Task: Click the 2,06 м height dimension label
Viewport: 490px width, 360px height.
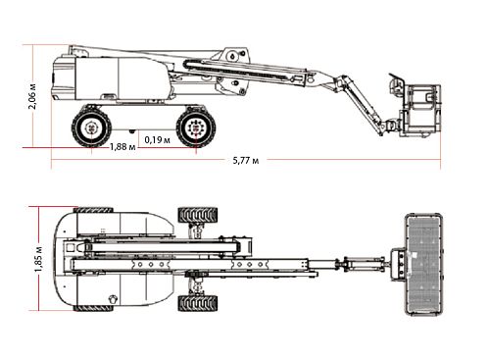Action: (32, 96)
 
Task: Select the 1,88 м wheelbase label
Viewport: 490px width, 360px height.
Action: (122, 147)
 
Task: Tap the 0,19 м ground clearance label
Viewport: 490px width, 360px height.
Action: (157, 140)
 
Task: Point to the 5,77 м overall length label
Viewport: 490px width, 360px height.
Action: (246, 161)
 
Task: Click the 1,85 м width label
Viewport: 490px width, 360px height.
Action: (38, 259)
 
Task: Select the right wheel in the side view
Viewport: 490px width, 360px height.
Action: (196, 128)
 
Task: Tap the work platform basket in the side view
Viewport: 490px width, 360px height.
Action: (421, 110)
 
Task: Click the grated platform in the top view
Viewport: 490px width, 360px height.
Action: (423, 264)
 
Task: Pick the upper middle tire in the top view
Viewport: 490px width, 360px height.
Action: (198, 215)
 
